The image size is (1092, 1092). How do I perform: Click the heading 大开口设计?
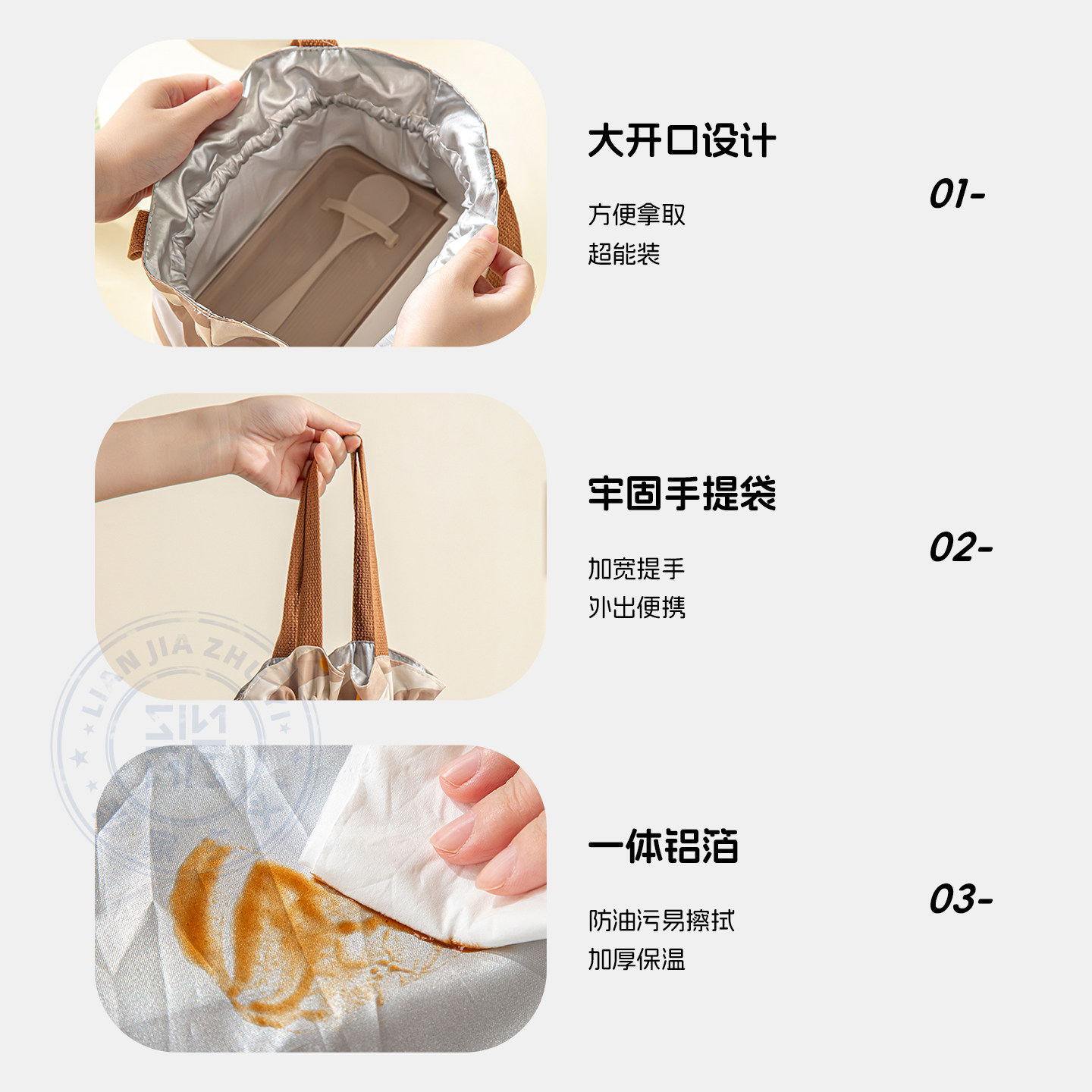[681, 142]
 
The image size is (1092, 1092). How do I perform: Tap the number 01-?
[955, 194]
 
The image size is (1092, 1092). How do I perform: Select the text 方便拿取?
[636, 215]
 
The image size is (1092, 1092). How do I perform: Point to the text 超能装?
[623, 254]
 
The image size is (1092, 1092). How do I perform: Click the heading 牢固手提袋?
[681, 494]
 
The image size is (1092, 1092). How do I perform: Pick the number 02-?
[959, 548]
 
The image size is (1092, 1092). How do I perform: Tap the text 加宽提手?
[636, 568]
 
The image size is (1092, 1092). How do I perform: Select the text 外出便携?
[636, 607]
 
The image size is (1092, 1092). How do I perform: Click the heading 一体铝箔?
[663, 846]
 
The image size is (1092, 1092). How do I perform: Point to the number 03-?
[960, 899]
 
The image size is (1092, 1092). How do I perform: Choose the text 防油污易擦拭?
[661, 921]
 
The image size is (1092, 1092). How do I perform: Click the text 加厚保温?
[636, 960]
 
